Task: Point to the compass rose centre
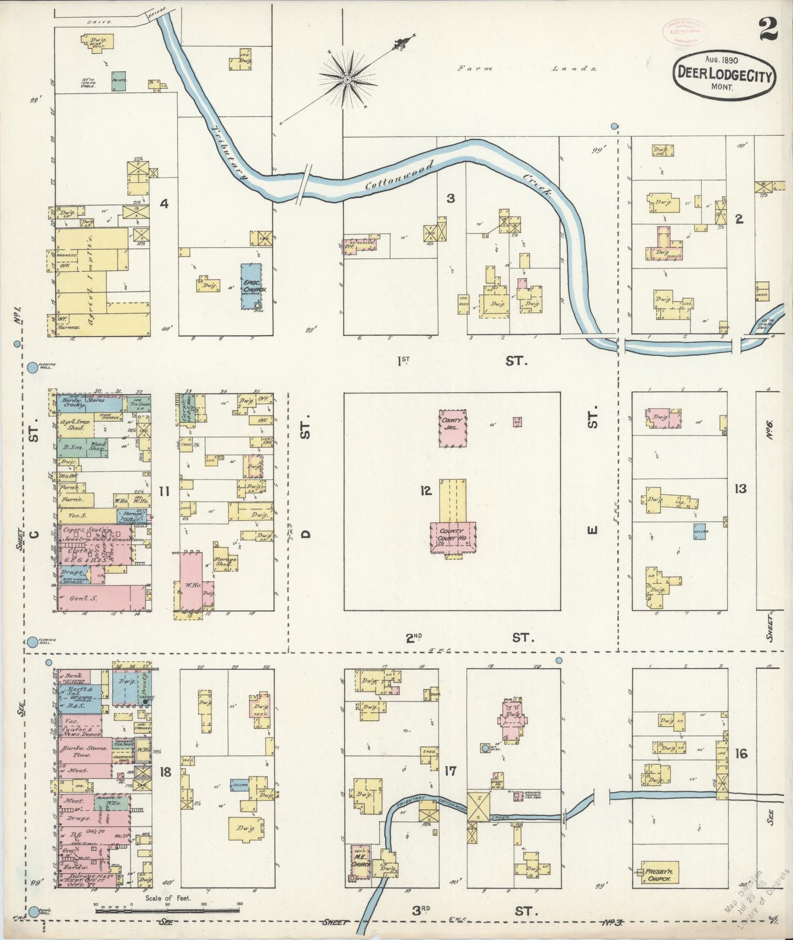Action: [347, 80]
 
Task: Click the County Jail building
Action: [452, 428]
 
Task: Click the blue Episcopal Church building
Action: [251, 286]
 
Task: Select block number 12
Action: [426, 490]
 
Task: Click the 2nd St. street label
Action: [469, 637]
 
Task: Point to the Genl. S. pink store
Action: [93, 598]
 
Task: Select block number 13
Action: [740, 488]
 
